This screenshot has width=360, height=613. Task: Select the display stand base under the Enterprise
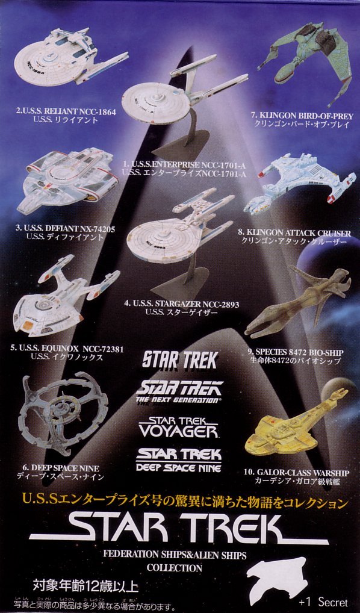[181, 144]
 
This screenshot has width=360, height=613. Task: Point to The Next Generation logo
[179, 390]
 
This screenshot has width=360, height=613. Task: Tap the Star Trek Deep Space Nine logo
[179, 460]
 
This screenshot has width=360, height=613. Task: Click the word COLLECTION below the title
[175, 567]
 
